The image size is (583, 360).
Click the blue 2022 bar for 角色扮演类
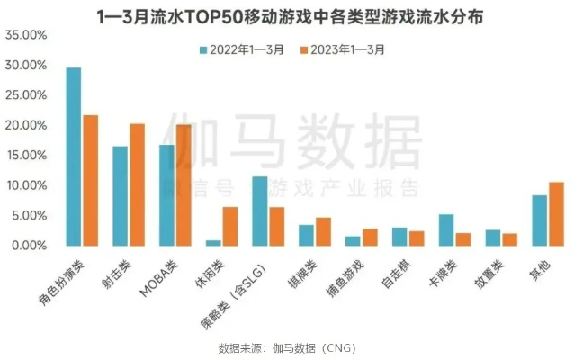(x=74, y=157)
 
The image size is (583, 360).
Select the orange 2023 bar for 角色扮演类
(x=90, y=180)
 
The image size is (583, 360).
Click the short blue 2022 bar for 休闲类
(x=213, y=242)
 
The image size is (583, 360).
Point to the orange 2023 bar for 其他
(x=555, y=213)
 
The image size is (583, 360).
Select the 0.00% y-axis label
(x=29, y=245)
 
